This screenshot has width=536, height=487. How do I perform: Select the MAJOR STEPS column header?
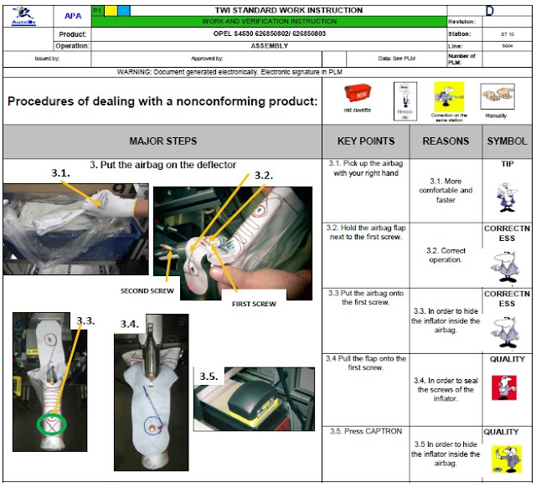click(x=162, y=141)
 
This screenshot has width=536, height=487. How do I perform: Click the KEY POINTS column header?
click(x=365, y=141)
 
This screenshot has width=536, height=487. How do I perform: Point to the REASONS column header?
click(x=446, y=141)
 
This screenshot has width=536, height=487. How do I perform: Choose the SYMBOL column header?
click(x=507, y=141)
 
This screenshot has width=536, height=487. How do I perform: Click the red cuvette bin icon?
click(x=358, y=94)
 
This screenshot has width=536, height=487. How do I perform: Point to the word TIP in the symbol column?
click(x=508, y=164)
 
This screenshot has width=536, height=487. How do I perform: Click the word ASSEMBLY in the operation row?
click(x=270, y=45)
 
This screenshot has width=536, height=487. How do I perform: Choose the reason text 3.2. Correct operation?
click(x=446, y=255)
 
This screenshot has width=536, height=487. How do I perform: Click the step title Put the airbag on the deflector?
click(x=162, y=164)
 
